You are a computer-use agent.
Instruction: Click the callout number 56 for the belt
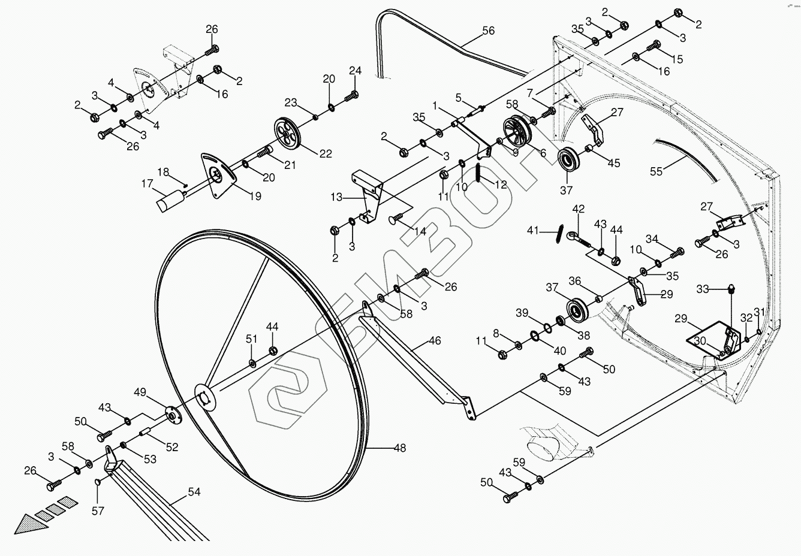coord(489,30)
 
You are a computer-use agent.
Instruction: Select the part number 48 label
coord(400,447)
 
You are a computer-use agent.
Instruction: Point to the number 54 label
coord(194,492)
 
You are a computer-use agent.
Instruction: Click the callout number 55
coord(657,171)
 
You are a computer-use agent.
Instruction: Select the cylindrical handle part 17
coord(170,200)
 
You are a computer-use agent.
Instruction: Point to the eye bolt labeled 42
coord(577,238)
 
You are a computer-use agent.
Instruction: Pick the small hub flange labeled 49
coord(173,415)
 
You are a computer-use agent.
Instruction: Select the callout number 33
coord(703,289)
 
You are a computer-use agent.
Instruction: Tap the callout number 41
coord(534,230)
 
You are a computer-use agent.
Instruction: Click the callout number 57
coord(98,510)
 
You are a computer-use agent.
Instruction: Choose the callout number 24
coord(356,71)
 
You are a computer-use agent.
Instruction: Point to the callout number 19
coord(255,196)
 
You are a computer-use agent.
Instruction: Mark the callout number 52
coord(172,446)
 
